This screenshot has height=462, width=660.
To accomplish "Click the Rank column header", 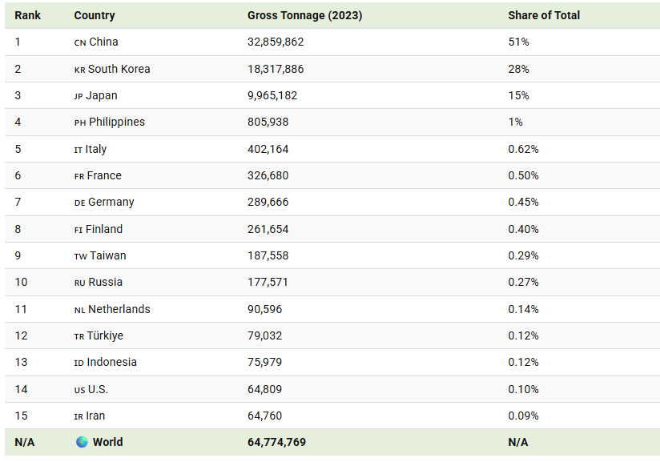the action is tap(28, 15).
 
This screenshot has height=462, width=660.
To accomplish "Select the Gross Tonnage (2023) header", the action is tap(304, 15).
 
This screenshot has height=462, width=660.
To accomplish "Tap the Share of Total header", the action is tap(544, 15).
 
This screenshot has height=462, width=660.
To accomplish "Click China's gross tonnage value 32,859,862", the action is tap(276, 42).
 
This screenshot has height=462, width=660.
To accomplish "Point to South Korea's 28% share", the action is tap(518, 69).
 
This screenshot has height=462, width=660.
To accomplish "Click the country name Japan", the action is tap(102, 96).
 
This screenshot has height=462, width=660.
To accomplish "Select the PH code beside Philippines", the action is tap(80, 123).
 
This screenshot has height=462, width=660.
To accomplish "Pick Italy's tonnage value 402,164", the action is tap(268, 150).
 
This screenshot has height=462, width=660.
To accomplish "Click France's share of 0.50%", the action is tap(523, 175).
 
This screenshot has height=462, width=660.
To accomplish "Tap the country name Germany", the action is tap(111, 203).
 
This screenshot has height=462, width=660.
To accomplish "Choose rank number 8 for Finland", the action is tap(18, 229).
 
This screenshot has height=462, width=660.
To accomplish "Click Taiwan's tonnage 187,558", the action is tap(268, 256).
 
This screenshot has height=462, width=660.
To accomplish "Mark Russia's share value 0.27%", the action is tap(523, 282).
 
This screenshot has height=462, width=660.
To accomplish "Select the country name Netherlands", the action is tap(119, 309).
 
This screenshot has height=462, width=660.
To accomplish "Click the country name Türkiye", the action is tap(105, 335).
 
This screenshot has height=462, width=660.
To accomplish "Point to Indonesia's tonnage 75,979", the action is tap(265, 362).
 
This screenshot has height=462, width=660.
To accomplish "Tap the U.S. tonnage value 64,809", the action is tap(265, 389).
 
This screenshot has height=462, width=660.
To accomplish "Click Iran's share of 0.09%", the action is tap(523, 416).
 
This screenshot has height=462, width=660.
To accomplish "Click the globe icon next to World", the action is tap(82, 442).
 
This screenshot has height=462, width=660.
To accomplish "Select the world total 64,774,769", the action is tap(276, 442).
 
